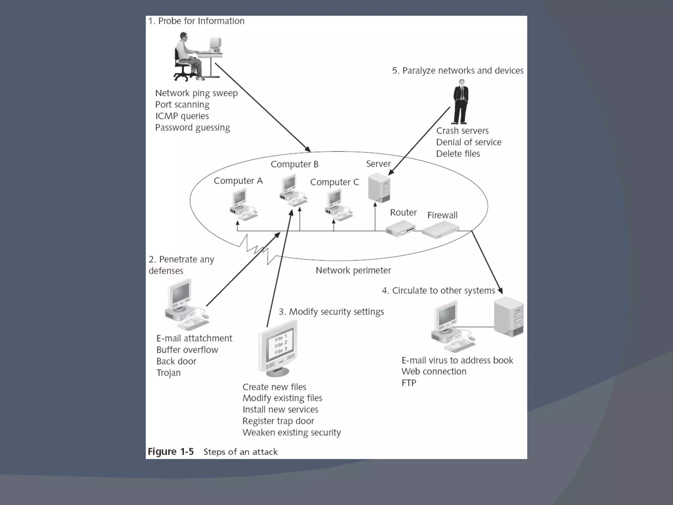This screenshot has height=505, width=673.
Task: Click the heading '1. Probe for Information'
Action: point(196,21)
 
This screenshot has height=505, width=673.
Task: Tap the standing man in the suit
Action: point(461,102)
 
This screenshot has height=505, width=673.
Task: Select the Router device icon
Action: point(400,229)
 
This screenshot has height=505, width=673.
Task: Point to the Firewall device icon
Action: point(440,229)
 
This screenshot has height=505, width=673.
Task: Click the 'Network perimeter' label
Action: point(353,271)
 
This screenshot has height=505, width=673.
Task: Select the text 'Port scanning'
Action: point(182,105)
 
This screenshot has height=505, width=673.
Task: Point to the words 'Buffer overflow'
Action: point(187,350)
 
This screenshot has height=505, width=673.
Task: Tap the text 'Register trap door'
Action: point(278,421)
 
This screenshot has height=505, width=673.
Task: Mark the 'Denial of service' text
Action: point(469,142)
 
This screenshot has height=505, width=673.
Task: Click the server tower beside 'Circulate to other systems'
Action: point(509,317)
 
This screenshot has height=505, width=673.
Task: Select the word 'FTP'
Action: point(409,383)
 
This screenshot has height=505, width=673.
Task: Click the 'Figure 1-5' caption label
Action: point(171,452)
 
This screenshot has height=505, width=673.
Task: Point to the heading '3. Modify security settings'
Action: point(331,312)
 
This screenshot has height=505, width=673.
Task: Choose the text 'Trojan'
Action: point(168,373)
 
